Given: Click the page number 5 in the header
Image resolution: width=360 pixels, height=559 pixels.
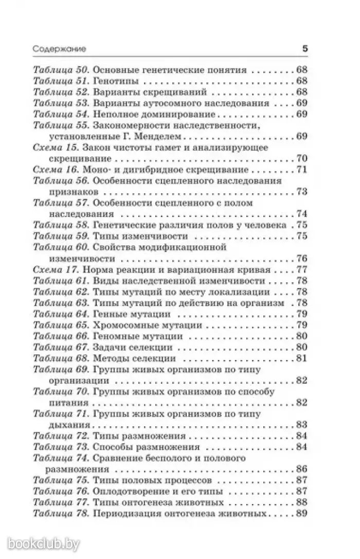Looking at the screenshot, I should click(304, 49).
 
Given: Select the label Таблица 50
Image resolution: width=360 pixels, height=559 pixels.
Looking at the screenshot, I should click(61, 69).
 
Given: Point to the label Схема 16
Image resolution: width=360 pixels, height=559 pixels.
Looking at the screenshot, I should click(58, 170).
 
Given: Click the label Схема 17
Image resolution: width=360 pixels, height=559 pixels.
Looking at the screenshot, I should click(58, 269).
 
